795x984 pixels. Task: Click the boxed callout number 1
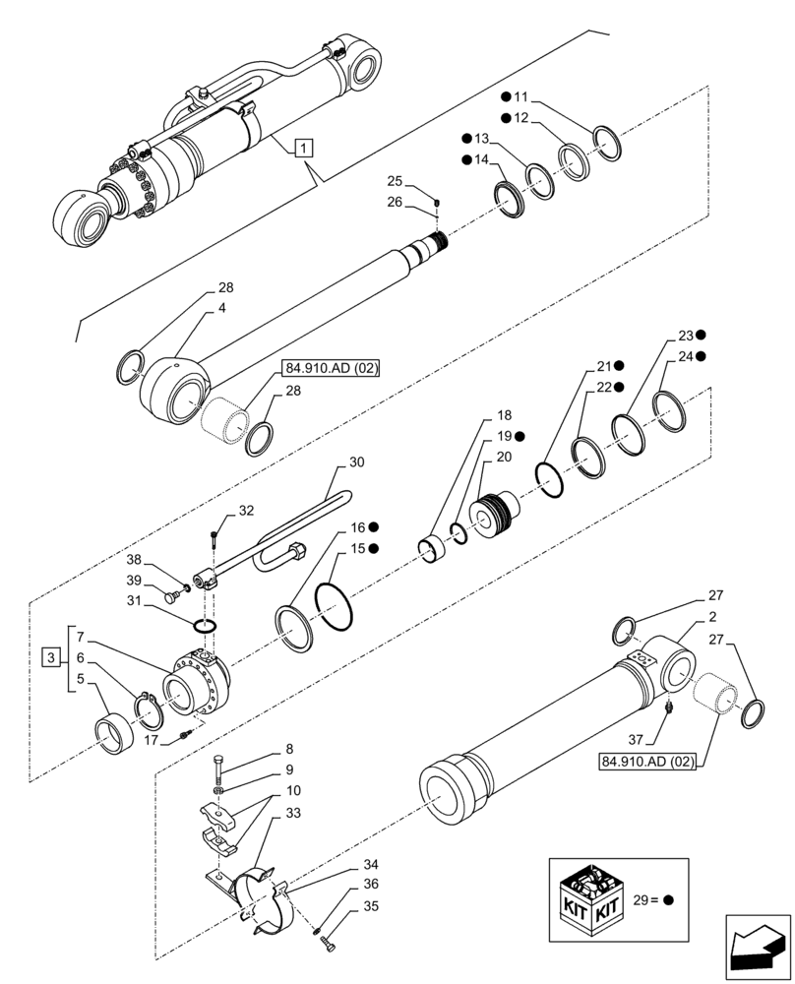click(304, 149)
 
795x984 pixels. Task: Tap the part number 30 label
click(356, 461)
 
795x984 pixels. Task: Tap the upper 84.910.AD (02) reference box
click(331, 369)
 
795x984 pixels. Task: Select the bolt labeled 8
click(218, 767)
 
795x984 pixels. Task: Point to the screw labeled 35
click(328, 945)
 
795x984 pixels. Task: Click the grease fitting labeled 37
click(669, 707)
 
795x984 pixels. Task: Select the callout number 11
click(521, 97)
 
